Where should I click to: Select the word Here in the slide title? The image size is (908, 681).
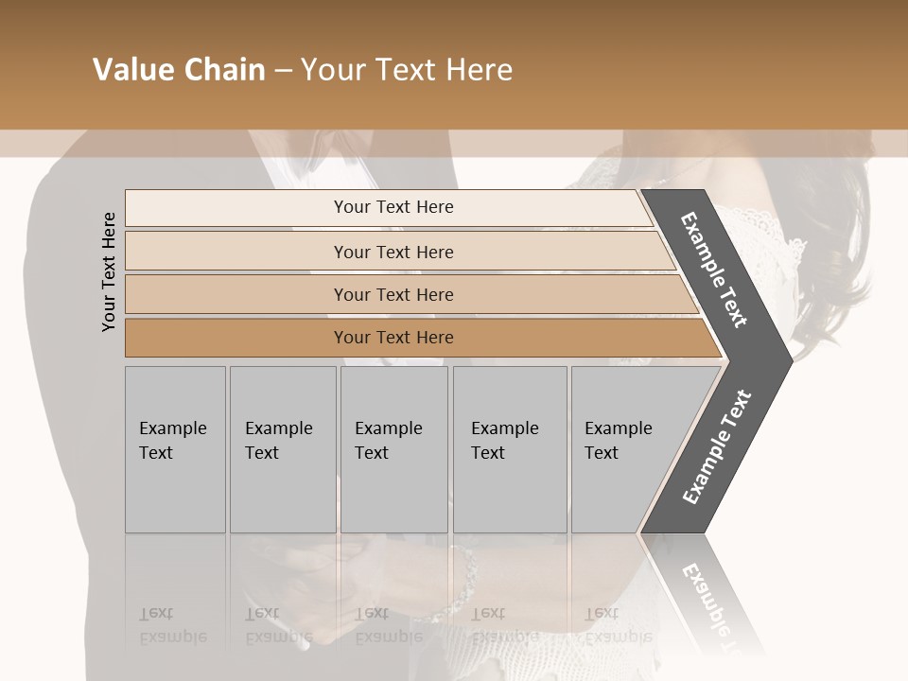[479, 70]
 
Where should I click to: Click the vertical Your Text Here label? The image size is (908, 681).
[109, 271]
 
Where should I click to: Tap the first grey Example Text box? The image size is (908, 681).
[175, 449]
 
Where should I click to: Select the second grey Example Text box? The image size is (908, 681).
[283, 449]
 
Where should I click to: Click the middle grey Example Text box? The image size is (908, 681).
[393, 449]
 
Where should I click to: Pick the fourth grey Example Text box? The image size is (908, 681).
[510, 449]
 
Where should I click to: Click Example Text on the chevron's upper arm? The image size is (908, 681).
[714, 270]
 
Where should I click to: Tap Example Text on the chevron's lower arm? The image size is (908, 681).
[717, 447]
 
